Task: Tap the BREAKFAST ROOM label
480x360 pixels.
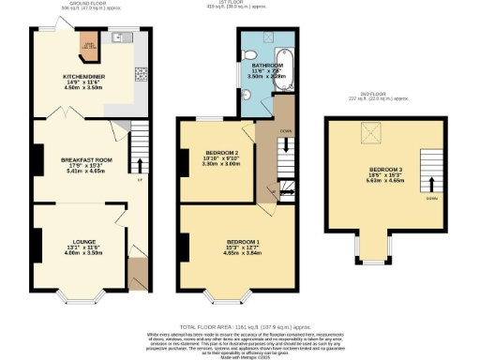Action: pos(85,160)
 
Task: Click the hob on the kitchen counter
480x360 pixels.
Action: pos(142,75)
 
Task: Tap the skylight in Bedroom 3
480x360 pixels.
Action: pos(364,137)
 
